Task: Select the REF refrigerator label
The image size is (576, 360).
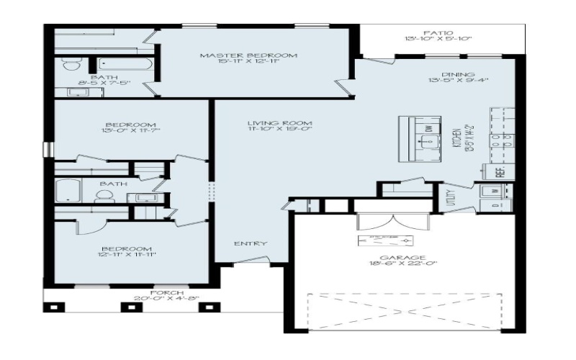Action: [x=498, y=172]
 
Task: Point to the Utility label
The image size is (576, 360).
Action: [x=450, y=197]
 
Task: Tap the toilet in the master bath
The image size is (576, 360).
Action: [x=71, y=65]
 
